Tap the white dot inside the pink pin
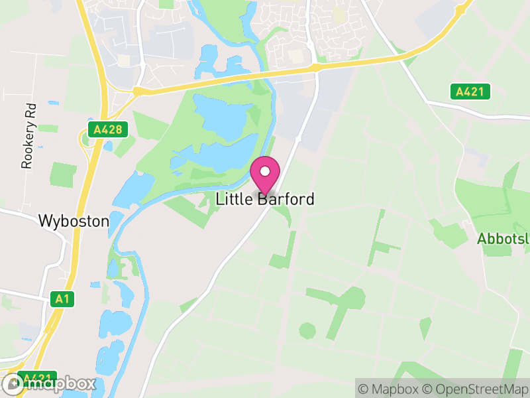pos(265,172)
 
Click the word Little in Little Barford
pos(235,199)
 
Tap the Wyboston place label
pos(74,221)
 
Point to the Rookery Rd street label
pos(27,135)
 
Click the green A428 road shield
pos(107,129)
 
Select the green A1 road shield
pos(62,299)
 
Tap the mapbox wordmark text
pos(60,383)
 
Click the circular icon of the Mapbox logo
pos(13,383)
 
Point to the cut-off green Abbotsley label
pos(503,239)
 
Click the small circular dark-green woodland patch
pos(307,330)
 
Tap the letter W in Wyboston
pos(46,221)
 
